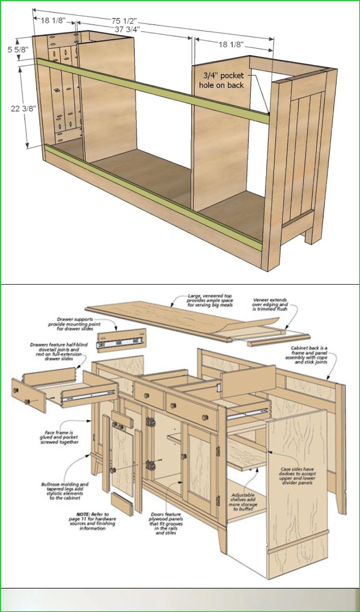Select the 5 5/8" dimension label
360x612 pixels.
coord(18,49)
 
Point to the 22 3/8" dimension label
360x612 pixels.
coord(23,109)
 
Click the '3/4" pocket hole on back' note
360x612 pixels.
coord(222,80)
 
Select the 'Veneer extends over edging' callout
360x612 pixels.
coord(270,304)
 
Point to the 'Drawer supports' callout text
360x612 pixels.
coord(74,324)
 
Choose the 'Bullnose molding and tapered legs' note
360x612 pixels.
coord(65,491)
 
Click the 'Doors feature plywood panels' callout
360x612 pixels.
coord(166,523)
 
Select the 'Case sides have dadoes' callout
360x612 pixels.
coord(298,475)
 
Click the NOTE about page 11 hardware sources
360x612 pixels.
coord(93,521)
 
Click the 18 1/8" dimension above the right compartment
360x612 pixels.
coord(231,45)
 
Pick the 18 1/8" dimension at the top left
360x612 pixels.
coord(53,20)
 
